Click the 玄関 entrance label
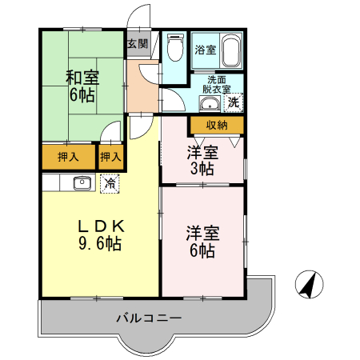(x=137, y=45)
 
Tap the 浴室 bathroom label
(x=205, y=50)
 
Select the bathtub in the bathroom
(x=230, y=52)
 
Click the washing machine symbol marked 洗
(x=234, y=102)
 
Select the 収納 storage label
(x=217, y=125)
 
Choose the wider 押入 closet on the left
(x=68, y=157)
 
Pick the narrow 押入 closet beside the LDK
(x=110, y=157)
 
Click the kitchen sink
(x=82, y=183)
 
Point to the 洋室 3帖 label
(x=202, y=160)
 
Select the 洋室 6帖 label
(x=202, y=242)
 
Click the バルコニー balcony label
(x=149, y=318)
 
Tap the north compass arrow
(x=309, y=284)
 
